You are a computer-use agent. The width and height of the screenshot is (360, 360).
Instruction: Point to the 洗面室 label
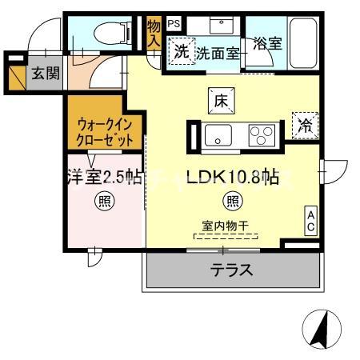218,54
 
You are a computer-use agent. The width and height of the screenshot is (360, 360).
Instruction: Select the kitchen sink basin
218,135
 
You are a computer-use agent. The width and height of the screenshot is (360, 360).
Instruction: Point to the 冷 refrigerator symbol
305,125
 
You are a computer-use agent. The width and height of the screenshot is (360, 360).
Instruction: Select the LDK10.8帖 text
233,177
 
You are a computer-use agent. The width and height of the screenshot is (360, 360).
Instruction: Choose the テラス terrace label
232,270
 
